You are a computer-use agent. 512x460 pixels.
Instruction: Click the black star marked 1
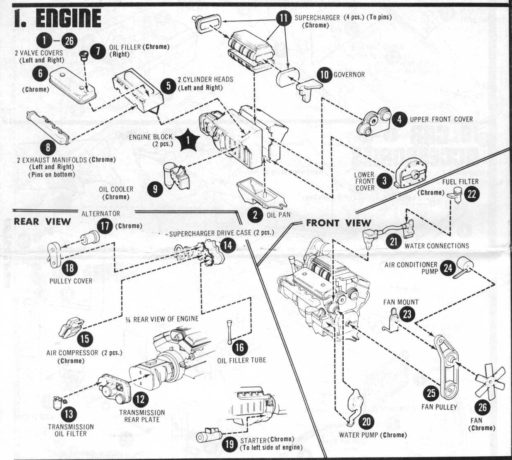(188, 140)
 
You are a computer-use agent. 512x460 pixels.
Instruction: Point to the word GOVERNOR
(349, 75)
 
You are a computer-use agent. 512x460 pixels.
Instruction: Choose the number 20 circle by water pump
(366, 422)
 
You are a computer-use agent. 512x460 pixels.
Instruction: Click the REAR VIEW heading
(42, 222)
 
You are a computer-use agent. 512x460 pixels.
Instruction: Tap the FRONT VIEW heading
(338, 223)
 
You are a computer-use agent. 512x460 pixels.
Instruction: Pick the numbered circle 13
(69, 414)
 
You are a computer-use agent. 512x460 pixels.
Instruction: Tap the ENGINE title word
(69, 18)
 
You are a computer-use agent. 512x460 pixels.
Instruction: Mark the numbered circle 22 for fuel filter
(471, 194)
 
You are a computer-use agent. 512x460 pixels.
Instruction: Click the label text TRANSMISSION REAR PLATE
(142, 416)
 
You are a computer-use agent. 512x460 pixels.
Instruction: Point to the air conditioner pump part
(463, 267)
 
